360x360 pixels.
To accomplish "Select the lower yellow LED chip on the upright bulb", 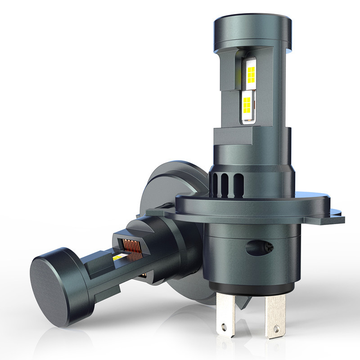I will coord(247,103).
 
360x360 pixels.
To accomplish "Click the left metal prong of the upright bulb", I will coord(225,310).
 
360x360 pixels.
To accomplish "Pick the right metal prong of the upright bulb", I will coord(275,315).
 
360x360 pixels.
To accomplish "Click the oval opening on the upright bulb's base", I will coord(254,249).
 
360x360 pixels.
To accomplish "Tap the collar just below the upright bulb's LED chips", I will coord(250,135).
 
